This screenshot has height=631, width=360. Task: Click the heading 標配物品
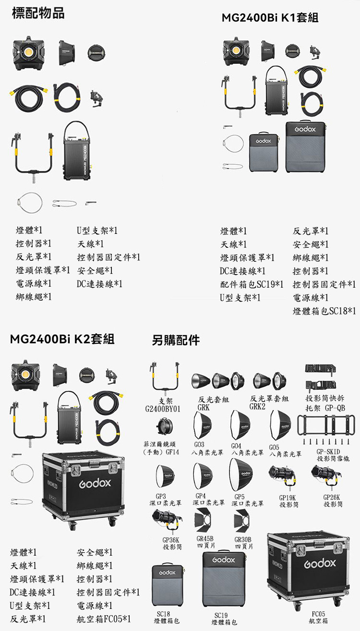point(38,13)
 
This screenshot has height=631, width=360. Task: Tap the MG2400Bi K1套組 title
point(270,18)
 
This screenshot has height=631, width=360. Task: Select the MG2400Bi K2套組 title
point(62,339)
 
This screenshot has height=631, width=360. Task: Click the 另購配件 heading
point(176,340)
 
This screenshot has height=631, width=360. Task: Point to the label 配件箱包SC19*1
point(252,284)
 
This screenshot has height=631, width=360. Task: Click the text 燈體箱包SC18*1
point(324,311)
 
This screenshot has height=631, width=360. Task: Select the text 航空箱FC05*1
point(104,619)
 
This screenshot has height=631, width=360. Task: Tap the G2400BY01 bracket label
point(163,409)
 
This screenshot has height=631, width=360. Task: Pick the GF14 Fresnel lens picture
point(164,426)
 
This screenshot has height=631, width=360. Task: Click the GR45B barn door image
point(203,522)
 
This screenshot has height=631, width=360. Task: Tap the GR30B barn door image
point(241,522)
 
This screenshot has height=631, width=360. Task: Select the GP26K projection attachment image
point(326,476)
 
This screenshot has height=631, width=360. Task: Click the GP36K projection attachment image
point(167,520)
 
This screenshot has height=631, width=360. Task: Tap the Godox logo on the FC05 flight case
point(320,563)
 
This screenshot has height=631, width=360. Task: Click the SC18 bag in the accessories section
point(168,586)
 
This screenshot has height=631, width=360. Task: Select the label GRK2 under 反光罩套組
point(257,406)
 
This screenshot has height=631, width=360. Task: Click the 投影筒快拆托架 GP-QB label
point(325,403)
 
